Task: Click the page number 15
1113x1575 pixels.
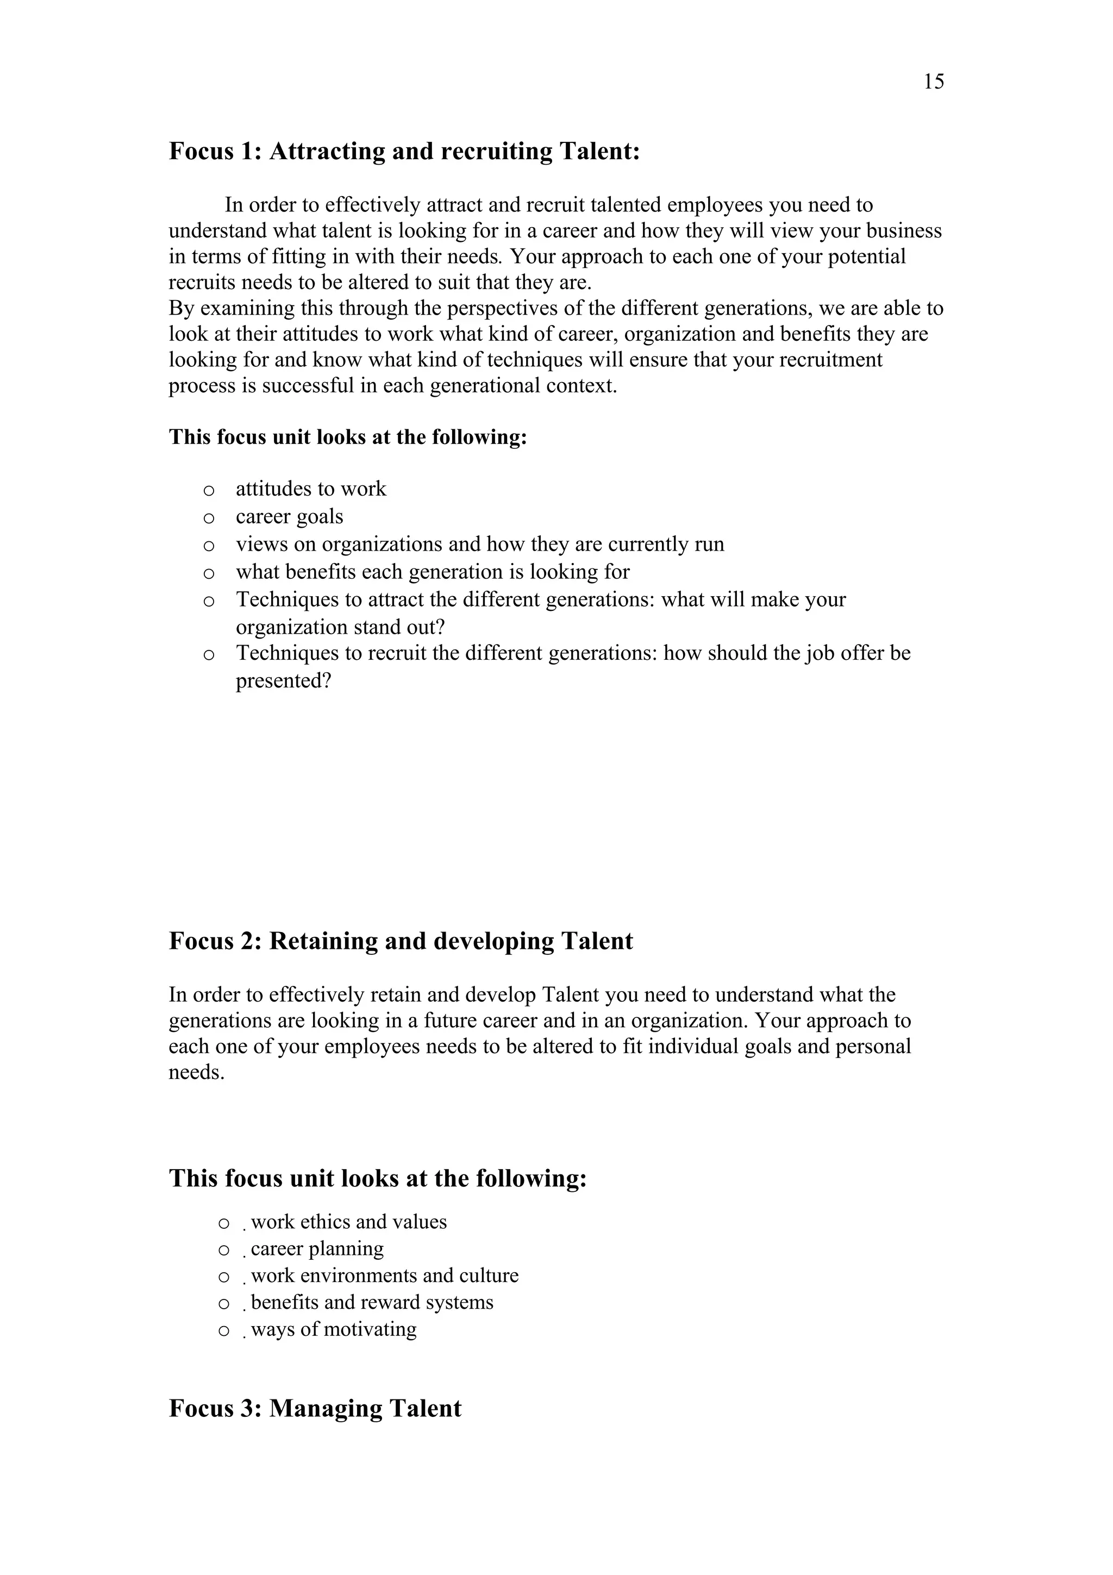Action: pos(933,82)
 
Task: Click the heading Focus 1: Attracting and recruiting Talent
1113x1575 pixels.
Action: pos(404,151)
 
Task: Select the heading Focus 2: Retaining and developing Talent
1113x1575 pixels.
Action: pos(401,940)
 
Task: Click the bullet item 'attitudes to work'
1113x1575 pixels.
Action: pos(311,489)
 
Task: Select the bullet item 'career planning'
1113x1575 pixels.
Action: pos(317,1248)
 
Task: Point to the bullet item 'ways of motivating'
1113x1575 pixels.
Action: pos(333,1329)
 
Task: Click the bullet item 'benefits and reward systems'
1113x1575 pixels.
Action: pos(372,1302)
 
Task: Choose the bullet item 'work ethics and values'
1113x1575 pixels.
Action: pos(348,1222)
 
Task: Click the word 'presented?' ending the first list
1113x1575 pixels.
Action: pos(283,681)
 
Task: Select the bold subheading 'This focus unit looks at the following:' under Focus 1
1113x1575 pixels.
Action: pos(348,437)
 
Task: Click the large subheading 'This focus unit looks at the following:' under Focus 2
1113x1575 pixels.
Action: pos(378,1178)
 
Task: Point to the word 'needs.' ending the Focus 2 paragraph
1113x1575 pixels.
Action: pos(196,1072)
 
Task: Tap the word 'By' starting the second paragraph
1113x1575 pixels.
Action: pos(182,309)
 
